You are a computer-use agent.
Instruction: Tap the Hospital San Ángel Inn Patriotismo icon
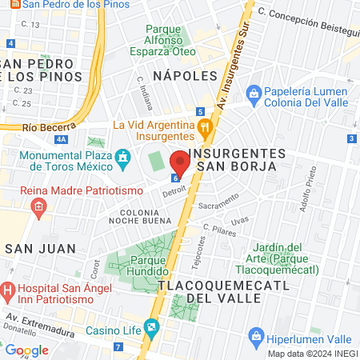8,289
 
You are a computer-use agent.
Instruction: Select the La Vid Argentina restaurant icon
205,126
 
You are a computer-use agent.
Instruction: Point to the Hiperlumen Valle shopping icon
256,335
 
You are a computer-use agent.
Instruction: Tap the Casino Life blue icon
151,328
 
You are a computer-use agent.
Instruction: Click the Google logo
26,350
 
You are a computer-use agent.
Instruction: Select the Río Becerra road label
42,127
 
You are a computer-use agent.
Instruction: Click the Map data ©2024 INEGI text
312,353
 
